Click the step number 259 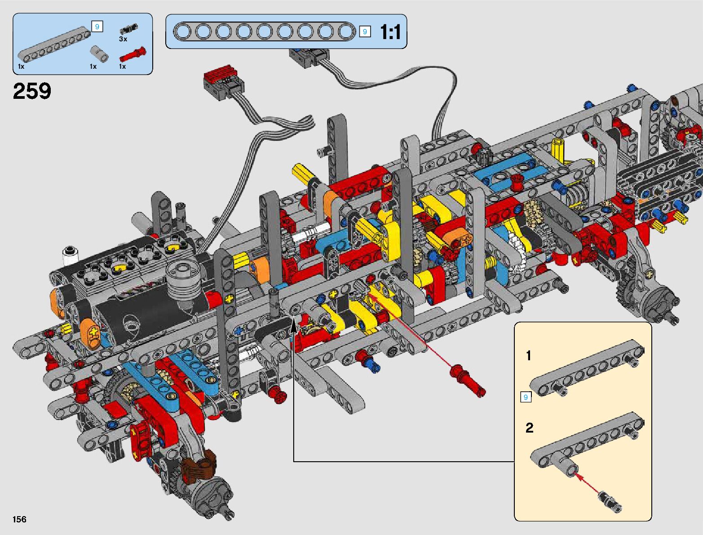click(x=32, y=91)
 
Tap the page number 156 click(x=19, y=519)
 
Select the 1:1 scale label click(x=390, y=32)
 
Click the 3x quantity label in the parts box click(x=123, y=39)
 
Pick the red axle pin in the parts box click(x=133, y=54)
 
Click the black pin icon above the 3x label click(x=129, y=28)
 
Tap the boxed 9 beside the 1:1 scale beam click(x=365, y=32)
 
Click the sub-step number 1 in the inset click(x=528, y=355)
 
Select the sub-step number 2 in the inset click(x=530, y=428)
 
